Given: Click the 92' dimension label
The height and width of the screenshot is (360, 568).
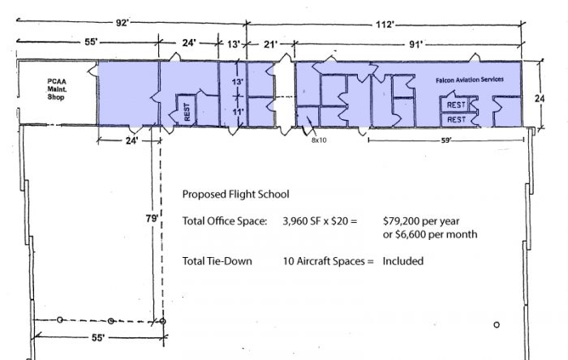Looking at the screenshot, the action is (x=122, y=23).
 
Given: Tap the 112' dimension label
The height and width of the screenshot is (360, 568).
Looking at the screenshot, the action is (x=385, y=24).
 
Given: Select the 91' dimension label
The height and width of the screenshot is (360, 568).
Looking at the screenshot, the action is (x=415, y=45).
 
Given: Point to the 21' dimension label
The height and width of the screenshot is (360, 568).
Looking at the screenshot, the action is (x=270, y=45).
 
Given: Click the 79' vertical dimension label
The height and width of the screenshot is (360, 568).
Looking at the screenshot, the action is (x=152, y=219).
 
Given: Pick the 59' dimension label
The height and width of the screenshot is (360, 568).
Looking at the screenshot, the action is (x=446, y=140).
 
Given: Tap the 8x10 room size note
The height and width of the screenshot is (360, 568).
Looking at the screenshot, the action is (x=319, y=140).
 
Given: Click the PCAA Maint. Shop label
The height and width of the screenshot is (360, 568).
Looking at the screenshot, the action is (x=57, y=89).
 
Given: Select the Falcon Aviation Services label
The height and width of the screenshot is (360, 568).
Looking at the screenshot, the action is (x=470, y=79).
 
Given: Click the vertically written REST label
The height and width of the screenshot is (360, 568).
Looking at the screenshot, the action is (x=187, y=112).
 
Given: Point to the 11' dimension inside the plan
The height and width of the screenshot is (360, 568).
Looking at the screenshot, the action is (x=237, y=112).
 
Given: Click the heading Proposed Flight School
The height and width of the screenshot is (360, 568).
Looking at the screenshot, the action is (x=235, y=195).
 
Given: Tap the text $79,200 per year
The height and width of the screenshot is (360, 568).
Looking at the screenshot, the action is (x=421, y=221).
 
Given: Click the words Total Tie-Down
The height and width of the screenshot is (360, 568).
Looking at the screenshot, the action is (x=217, y=261).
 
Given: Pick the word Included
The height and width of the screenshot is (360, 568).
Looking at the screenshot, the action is (x=402, y=261).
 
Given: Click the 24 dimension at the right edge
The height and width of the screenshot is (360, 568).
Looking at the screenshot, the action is (x=540, y=98).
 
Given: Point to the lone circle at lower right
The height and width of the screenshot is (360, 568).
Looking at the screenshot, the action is (x=497, y=324).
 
